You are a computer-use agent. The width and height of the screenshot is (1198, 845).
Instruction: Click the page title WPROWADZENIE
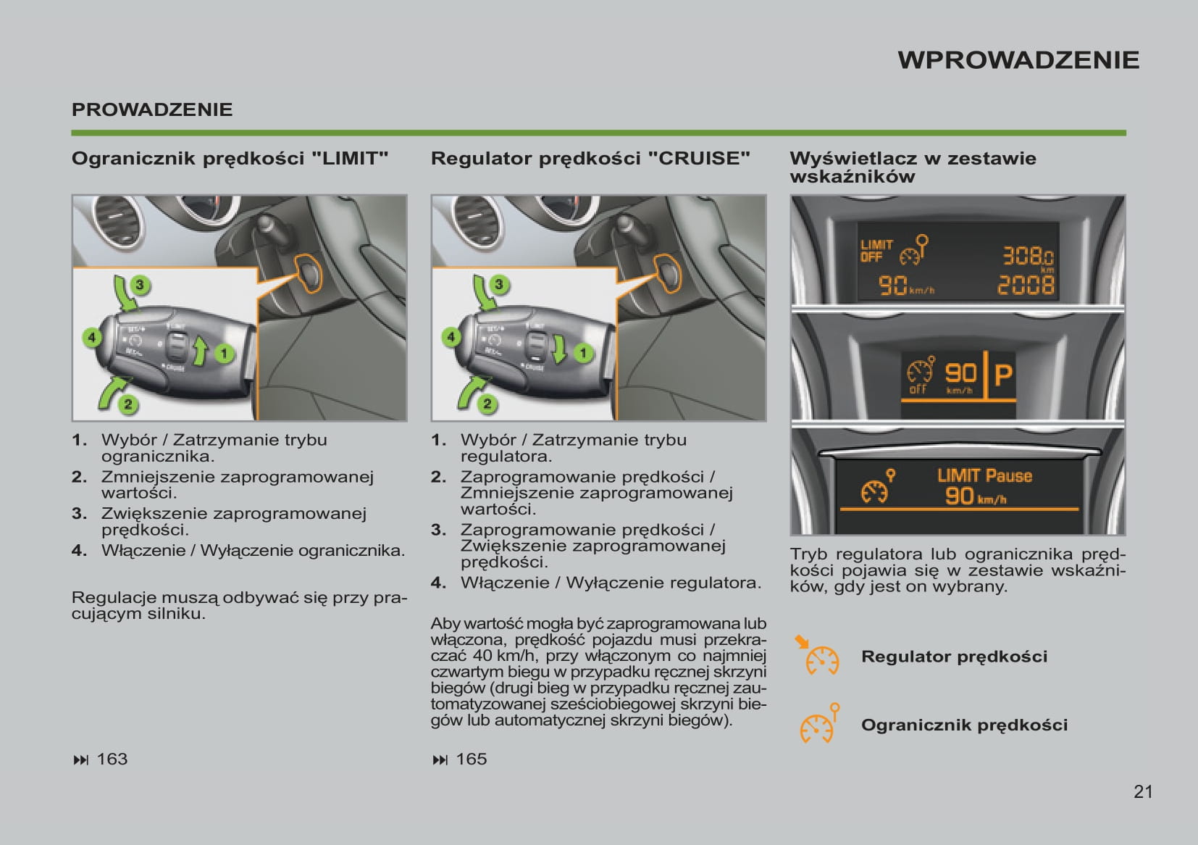[1018, 60]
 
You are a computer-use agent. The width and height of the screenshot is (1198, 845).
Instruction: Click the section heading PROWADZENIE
[152, 110]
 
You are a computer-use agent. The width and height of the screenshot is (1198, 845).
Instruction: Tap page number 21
[1143, 791]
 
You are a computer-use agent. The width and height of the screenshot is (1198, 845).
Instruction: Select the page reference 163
[112, 759]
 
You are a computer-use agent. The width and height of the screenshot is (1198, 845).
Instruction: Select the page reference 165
[471, 759]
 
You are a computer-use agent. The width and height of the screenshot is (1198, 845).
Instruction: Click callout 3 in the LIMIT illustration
[140, 285]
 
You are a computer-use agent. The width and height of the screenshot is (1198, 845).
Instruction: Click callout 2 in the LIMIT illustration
[128, 404]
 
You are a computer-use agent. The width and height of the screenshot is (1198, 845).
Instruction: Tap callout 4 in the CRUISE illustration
[451, 337]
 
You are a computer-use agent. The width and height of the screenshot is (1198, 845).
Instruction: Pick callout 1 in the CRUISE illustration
[583, 353]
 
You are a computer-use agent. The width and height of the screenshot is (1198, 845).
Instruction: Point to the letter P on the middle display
[1002, 375]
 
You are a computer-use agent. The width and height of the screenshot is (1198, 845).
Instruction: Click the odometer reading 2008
[1026, 286]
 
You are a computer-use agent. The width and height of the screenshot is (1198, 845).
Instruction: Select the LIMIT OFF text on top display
[876, 251]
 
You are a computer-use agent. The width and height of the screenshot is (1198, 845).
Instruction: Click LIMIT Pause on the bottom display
[984, 476]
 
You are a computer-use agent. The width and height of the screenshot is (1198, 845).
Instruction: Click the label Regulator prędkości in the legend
[954, 657]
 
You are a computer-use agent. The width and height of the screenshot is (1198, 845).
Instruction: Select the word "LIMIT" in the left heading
[350, 159]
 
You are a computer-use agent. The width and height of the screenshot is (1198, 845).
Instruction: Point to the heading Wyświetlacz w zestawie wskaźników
[913, 167]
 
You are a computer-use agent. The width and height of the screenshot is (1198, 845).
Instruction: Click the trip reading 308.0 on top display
[1027, 256]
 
